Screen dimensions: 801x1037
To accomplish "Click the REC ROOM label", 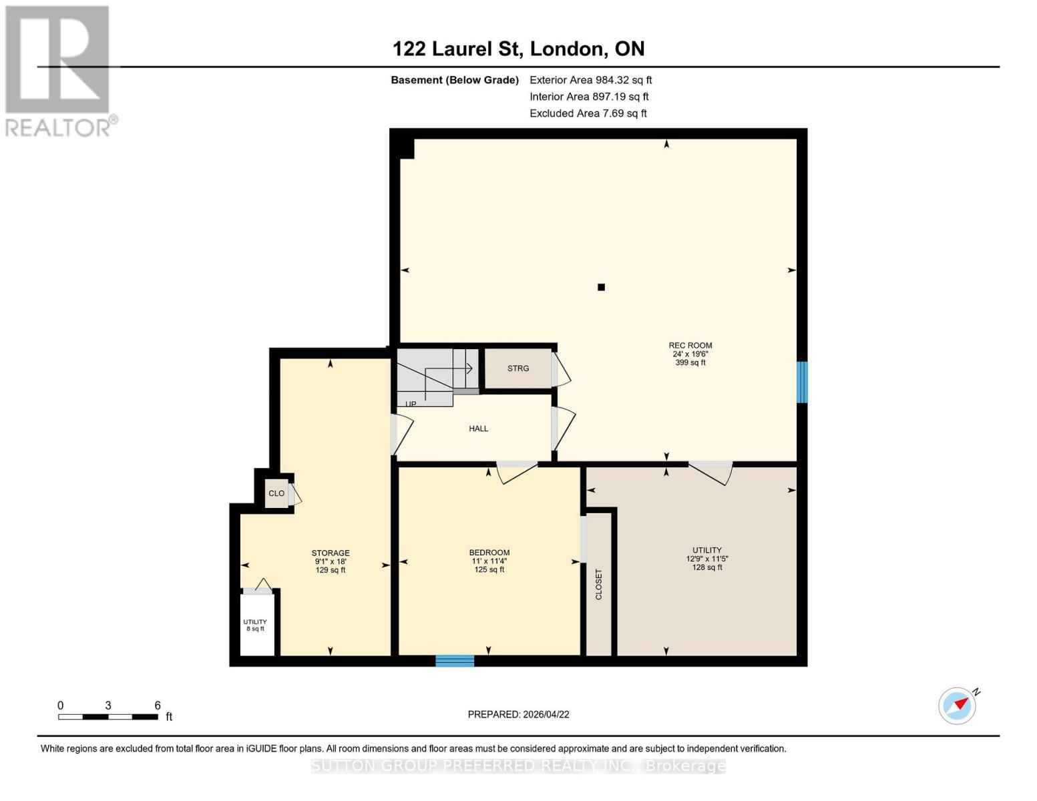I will [x=690, y=346].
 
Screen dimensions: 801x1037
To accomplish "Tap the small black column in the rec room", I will [x=601, y=287].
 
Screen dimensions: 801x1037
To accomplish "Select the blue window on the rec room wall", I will [x=802, y=382].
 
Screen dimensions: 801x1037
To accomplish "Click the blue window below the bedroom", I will [x=455, y=661].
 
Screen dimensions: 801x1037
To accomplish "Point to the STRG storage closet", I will [x=517, y=368].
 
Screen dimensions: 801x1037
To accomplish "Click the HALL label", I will [x=478, y=429].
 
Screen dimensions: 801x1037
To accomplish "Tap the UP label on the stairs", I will [x=411, y=404].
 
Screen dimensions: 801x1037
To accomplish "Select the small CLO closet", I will [x=276, y=493].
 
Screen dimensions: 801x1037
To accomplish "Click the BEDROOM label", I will [x=489, y=553].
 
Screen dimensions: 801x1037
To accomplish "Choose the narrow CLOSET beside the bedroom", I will [x=598, y=584].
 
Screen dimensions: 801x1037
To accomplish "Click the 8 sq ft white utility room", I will [x=256, y=625].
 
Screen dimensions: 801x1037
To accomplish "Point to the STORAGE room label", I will [x=331, y=553].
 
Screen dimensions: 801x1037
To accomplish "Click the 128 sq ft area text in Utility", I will [x=706, y=567].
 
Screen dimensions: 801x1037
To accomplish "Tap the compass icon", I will [x=958, y=706].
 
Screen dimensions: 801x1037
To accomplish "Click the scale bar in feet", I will [x=108, y=716].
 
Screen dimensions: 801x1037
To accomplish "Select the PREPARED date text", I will [x=518, y=714].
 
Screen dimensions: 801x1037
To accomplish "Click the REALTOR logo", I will [x=59, y=70].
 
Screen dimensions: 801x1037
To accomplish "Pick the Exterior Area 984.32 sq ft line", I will [x=590, y=80].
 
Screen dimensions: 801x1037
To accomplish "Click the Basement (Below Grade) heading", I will [x=454, y=80].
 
